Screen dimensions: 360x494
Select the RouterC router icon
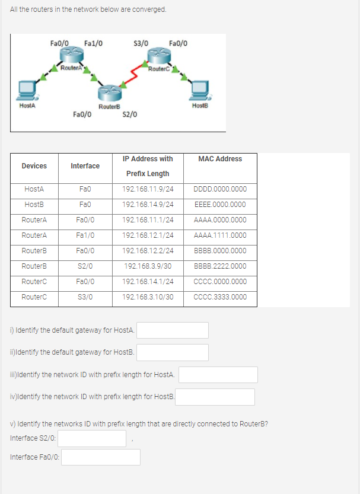tap(160, 56)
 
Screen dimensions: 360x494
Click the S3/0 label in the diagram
tap(141, 43)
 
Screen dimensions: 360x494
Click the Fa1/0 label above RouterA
tap(93, 43)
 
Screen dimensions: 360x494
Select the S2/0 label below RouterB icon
tap(130, 114)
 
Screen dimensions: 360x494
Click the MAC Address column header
tap(220, 159)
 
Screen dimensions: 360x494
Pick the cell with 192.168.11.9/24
tap(148, 189)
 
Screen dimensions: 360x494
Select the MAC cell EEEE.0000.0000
tap(220, 205)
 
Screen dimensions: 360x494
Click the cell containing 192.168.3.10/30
tap(148, 297)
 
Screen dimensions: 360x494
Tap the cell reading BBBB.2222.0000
tap(220, 266)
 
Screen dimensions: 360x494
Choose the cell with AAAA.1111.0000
tap(220, 235)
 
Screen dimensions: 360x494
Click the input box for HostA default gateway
tap(173, 330)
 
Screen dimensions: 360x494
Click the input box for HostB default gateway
tap(173, 352)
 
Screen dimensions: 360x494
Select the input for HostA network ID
tap(218, 375)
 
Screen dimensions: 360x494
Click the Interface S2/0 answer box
tap(92, 438)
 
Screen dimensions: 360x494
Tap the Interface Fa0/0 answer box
tap(101, 457)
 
